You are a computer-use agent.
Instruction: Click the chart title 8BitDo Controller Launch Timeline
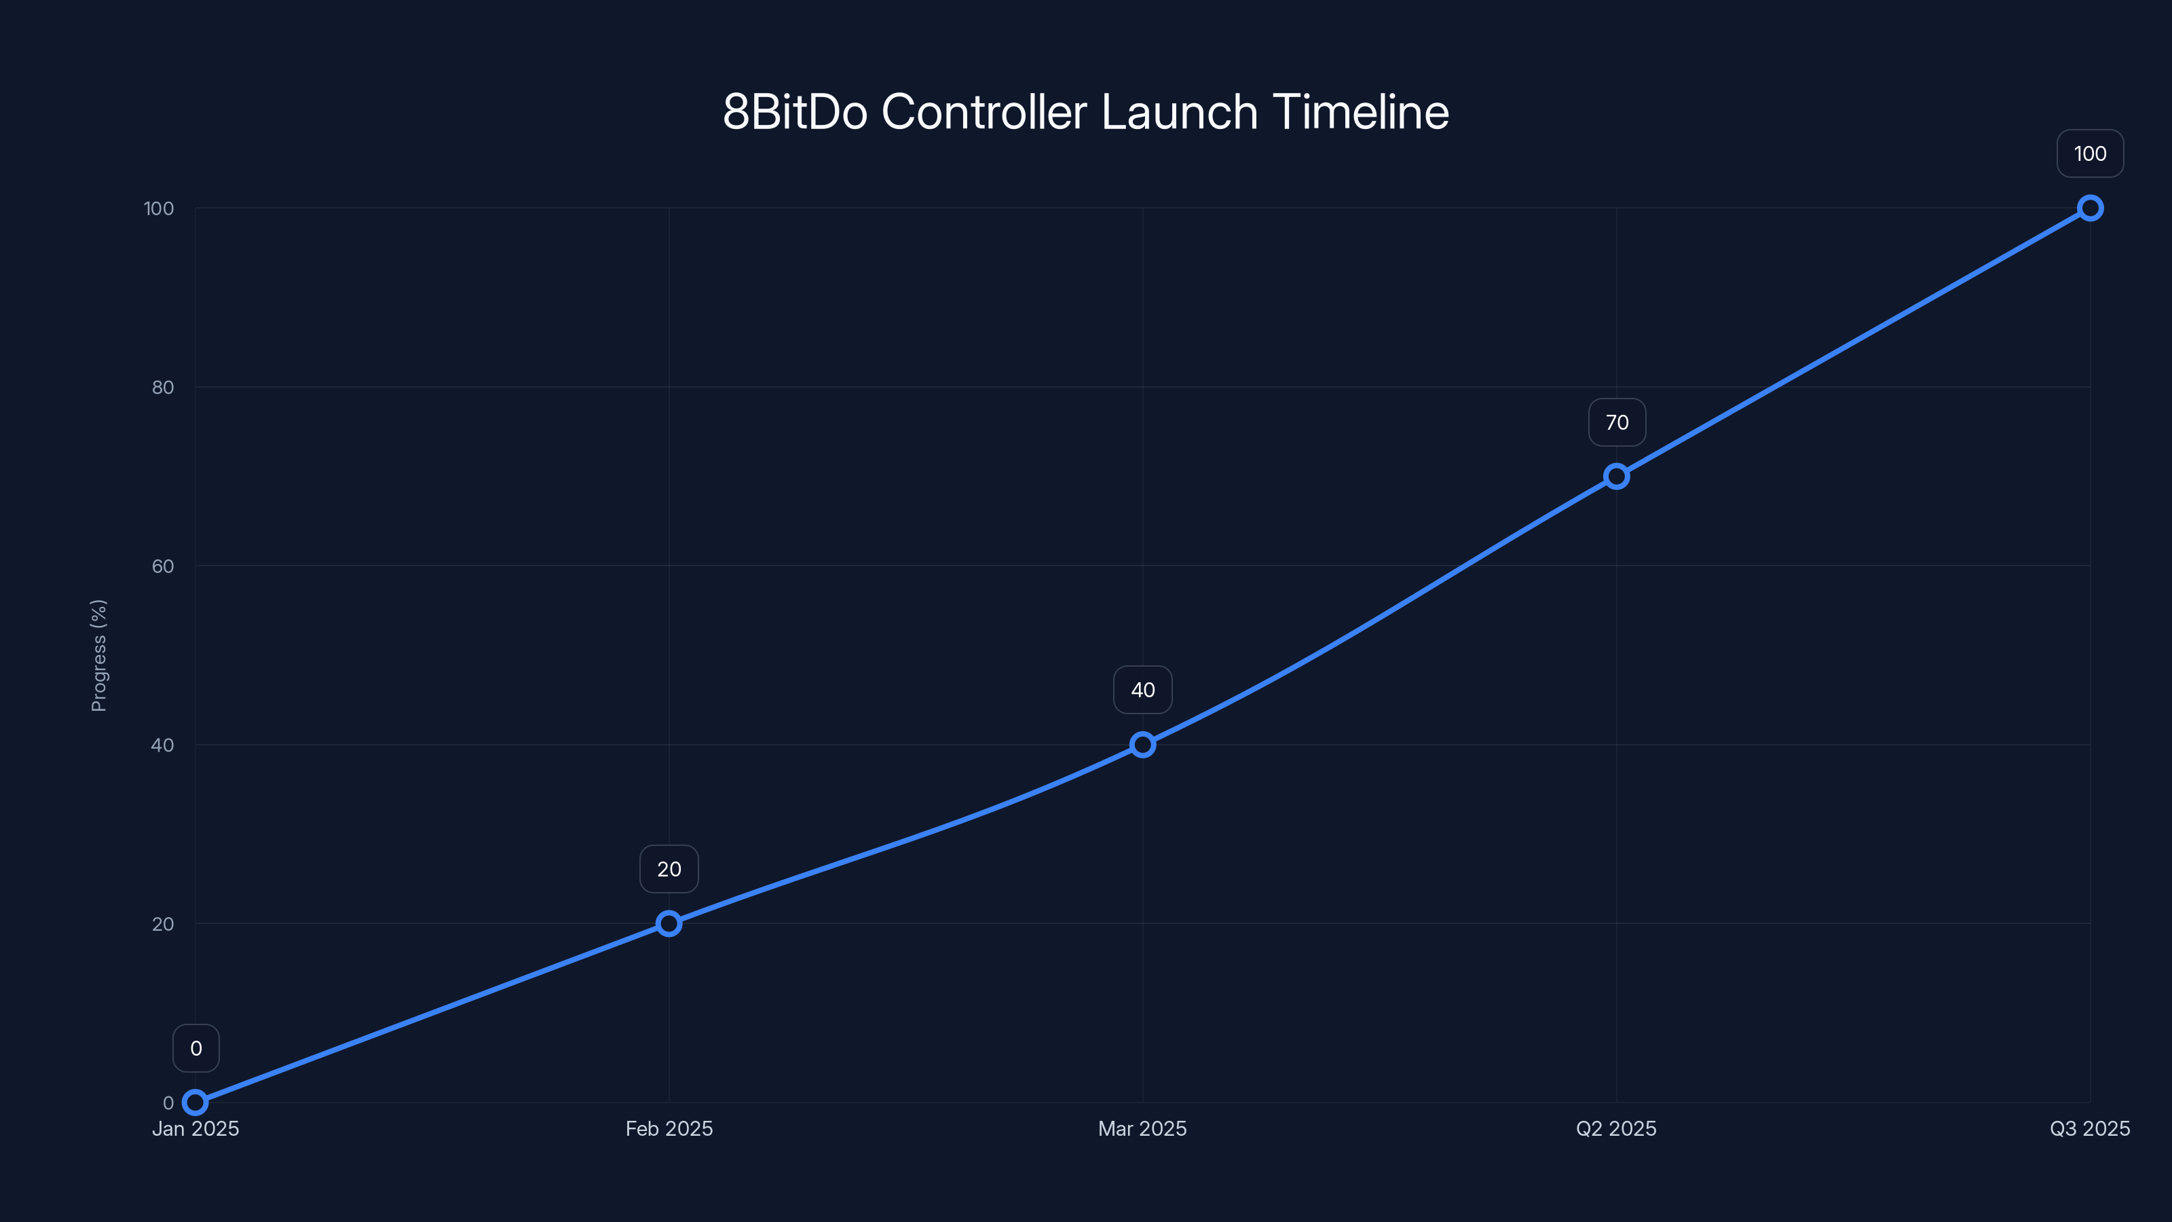[x=1086, y=112]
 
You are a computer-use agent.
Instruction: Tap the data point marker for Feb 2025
[x=669, y=923]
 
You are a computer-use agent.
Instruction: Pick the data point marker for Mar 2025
[x=1142, y=745]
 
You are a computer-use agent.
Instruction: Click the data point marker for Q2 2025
[x=1616, y=477]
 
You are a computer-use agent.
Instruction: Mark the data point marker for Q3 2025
[x=2091, y=208]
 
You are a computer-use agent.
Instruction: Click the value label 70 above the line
[x=1616, y=422]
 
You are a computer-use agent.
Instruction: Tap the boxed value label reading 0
[x=195, y=1048]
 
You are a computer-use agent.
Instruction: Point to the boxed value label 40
[x=1142, y=690]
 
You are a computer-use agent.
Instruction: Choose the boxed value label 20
[x=669, y=870]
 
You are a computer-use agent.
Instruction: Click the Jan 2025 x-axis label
[x=195, y=1128]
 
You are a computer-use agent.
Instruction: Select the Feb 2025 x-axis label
[x=669, y=1128]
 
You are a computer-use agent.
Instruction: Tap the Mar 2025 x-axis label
[x=1142, y=1128]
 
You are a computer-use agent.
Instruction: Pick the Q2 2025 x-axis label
[x=1616, y=1128]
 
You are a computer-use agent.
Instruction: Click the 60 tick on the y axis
[x=163, y=566]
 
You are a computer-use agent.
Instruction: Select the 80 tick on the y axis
[x=163, y=387]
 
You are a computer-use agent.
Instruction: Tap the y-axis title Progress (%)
[x=98, y=655]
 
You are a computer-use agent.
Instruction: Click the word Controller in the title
[x=984, y=112]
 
